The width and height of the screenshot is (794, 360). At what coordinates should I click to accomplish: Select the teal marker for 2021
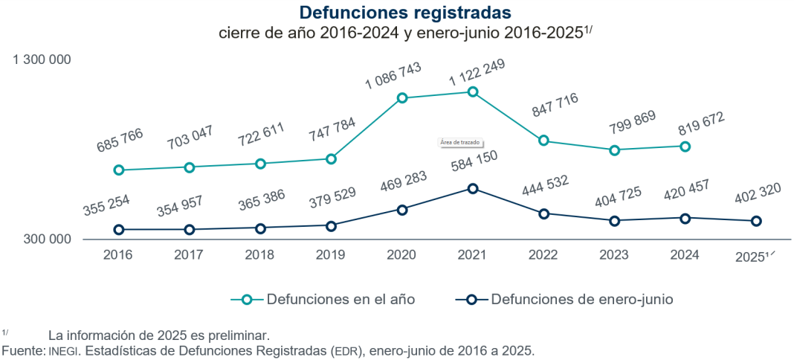pos(472,91)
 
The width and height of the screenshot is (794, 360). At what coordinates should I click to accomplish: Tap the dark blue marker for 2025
pos(756,221)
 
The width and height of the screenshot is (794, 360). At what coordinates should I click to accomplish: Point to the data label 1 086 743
pos(393,76)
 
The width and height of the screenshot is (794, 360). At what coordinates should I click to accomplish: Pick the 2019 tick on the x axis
pos(331,255)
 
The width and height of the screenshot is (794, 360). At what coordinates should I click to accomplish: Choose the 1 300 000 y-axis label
pos(42,59)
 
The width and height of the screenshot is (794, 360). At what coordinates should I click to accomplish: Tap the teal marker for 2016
pos(118,170)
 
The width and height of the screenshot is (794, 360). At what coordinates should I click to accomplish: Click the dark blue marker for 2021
pos(472,189)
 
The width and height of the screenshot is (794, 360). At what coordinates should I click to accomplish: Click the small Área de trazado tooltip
pos(460,141)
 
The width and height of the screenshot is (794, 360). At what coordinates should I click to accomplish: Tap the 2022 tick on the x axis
pos(543,255)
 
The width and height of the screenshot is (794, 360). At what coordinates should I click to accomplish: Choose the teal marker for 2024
pos(685,147)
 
